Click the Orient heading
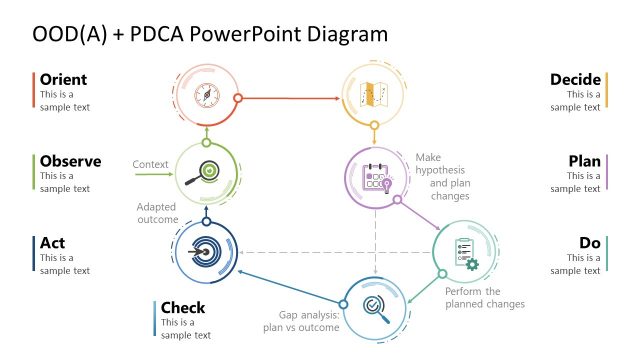(x=63, y=80)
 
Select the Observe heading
(x=70, y=161)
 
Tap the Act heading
(x=52, y=243)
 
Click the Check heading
(x=183, y=308)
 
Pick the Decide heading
(x=575, y=80)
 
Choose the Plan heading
(x=584, y=161)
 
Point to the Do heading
(x=590, y=243)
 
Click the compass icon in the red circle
(x=206, y=94)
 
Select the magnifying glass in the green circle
(x=206, y=171)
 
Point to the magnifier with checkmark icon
(x=375, y=308)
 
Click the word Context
(x=149, y=164)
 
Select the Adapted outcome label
(x=157, y=213)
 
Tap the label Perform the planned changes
(x=484, y=297)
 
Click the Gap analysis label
(x=302, y=320)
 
